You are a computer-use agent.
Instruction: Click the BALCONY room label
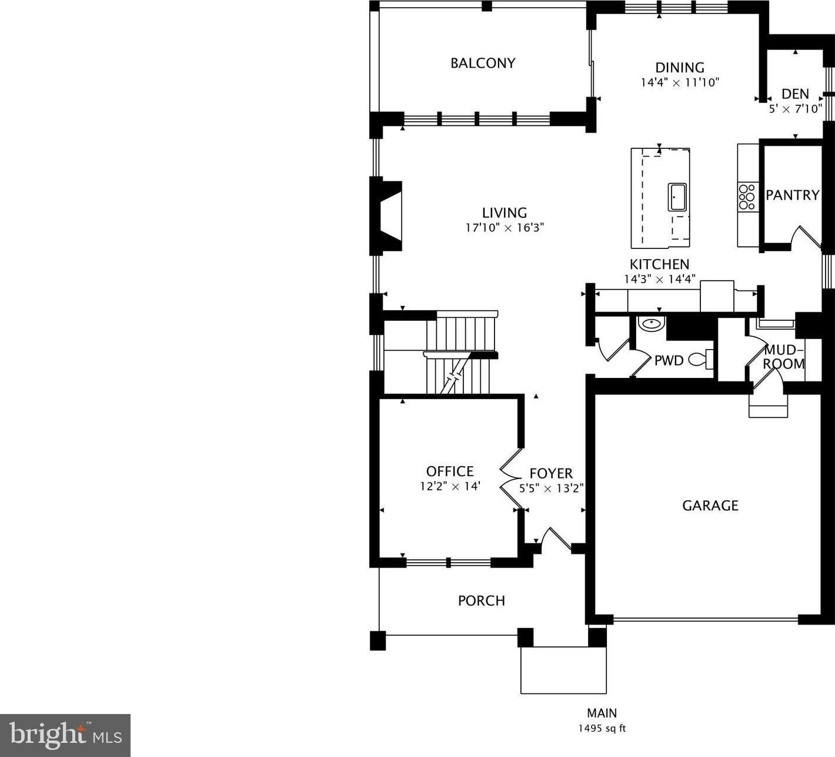click(483, 63)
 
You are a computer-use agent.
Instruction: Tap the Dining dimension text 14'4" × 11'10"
click(680, 82)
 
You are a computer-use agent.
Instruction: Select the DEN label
click(795, 94)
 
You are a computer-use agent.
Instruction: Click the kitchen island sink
click(677, 197)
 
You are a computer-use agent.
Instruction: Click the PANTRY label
click(793, 195)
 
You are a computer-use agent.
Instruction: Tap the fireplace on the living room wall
click(386, 216)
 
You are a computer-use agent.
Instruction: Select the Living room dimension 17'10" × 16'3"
click(505, 228)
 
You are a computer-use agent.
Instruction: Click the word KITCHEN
click(659, 264)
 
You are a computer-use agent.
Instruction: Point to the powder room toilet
click(700, 359)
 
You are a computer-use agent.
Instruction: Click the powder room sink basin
click(652, 324)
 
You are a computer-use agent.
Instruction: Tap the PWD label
click(669, 361)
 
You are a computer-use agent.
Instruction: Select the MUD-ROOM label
click(783, 357)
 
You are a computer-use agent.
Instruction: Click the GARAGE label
click(710, 506)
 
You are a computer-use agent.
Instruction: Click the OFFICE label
click(450, 472)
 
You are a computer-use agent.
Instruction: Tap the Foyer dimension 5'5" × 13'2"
click(551, 488)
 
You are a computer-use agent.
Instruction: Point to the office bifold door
click(510, 478)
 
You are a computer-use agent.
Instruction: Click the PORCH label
click(482, 600)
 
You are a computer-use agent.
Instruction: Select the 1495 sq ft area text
click(602, 728)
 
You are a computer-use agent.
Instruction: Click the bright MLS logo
click(65, 735)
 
